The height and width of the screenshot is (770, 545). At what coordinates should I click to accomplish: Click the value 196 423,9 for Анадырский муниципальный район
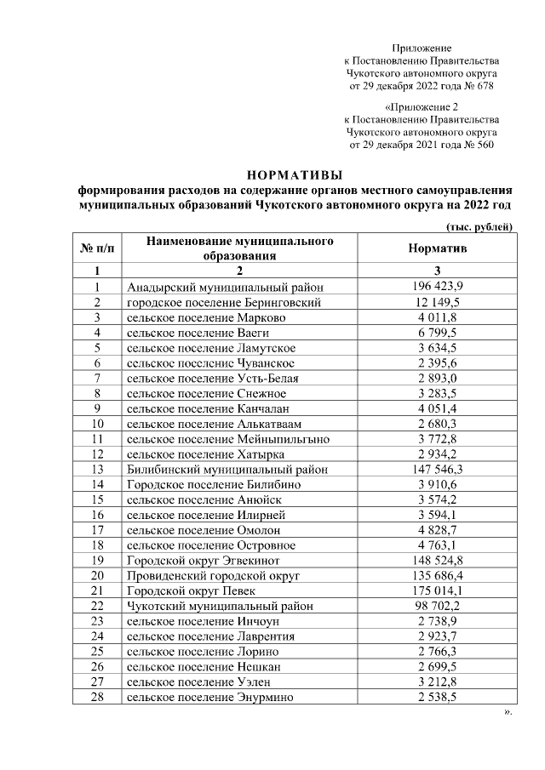[437, 286]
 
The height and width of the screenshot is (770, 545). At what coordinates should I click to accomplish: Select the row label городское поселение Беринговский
[223, 302]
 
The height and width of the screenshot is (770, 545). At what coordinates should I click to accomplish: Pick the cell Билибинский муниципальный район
[227, 469]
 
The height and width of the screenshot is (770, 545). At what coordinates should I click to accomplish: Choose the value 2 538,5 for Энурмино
[437, 697]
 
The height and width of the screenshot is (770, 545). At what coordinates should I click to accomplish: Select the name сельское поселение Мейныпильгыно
[228, 438]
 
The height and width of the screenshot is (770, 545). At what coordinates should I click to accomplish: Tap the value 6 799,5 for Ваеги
[437, 332]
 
